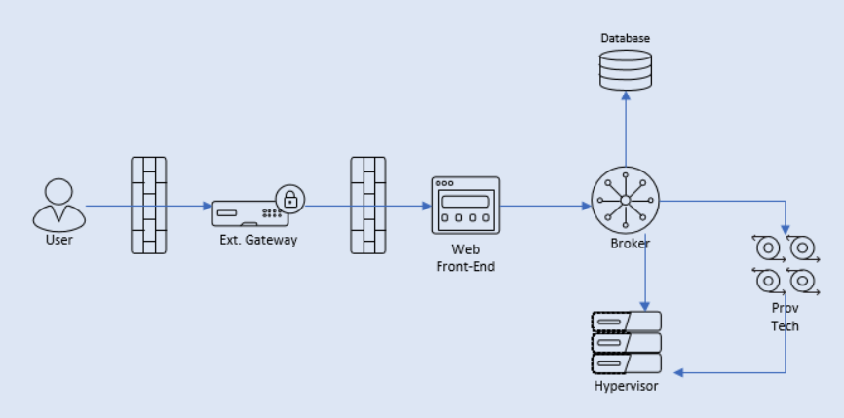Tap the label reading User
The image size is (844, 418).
pos(58,240)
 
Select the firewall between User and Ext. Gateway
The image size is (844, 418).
pos(149,206)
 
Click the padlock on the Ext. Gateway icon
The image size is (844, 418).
pos(290,199)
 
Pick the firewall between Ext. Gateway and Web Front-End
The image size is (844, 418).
pos(368,206)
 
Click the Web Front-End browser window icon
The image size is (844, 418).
pos(466,206)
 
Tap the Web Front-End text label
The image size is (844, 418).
pos(466,258)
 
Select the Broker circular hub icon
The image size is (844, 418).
pos(625,200)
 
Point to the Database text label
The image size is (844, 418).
pos(625,38)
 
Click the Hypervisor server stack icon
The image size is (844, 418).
pos(626,342)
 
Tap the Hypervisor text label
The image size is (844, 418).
pos(626,387)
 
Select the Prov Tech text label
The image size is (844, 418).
pos(785,317)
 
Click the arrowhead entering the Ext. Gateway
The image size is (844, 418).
pos(207,206)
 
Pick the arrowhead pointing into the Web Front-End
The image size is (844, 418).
pos(426,206)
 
